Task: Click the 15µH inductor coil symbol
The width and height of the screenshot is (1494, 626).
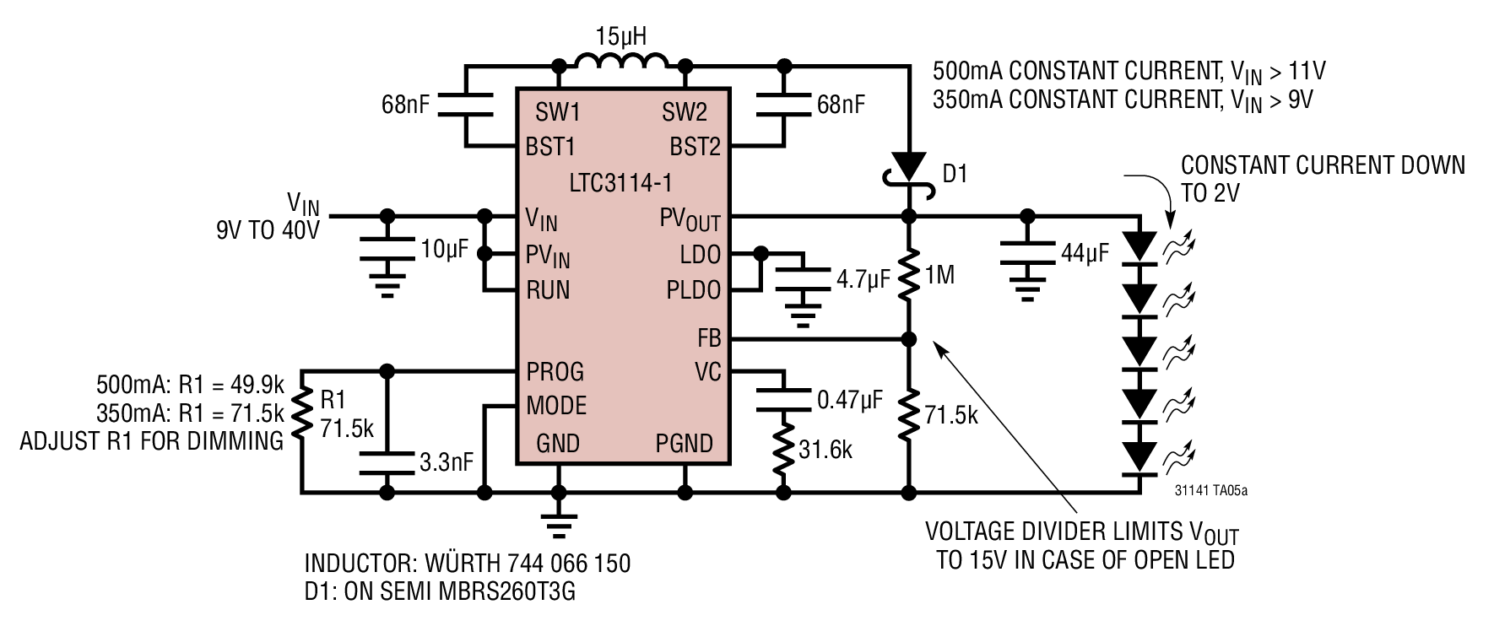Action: pos(620,61)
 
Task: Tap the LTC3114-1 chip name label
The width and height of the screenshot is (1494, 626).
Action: pos(622,183)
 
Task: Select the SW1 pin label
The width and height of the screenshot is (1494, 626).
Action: pos(558,112)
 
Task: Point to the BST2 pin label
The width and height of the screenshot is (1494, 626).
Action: pos(696,147)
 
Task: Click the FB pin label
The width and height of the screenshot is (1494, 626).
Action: pos(709,338)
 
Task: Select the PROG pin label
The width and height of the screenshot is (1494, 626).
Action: pos(555,371)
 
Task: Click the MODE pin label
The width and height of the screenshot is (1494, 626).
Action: pos(556,406)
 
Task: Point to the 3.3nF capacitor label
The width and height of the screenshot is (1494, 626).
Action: pos(447,462)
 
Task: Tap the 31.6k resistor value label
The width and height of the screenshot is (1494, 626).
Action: pos(825,451)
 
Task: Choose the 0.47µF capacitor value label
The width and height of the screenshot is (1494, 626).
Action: pos(850,400)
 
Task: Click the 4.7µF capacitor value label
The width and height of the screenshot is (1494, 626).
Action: pos(863,279)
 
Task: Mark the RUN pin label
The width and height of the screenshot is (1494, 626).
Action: pos(549,290)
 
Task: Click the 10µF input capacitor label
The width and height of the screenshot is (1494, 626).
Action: pos(445,250)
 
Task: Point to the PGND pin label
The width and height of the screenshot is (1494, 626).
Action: pos(685,443)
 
